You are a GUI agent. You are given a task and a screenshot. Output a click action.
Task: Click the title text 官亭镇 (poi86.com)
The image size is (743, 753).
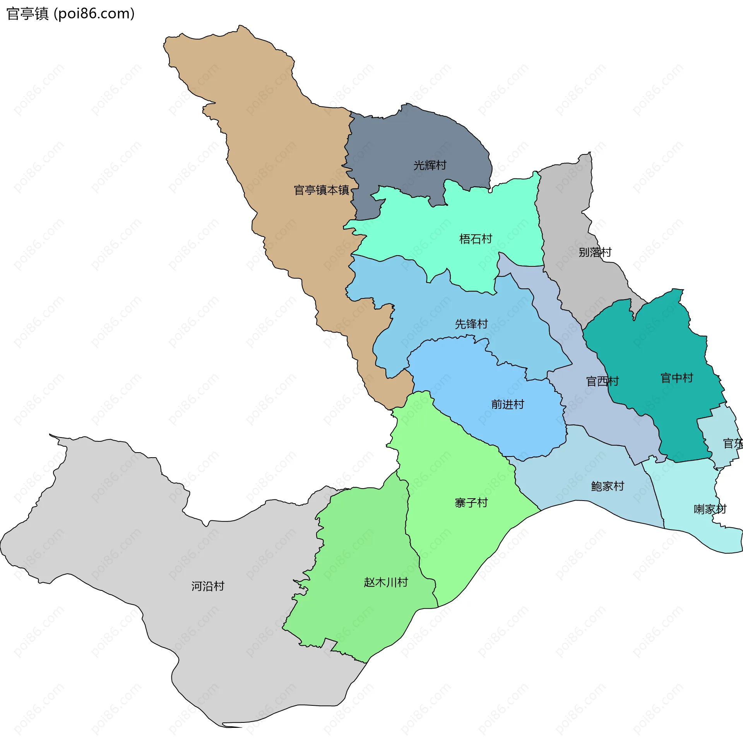pyautogui.click(x=70, y=14)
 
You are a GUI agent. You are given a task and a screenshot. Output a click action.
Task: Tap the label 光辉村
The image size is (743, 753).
pyautogui.click(x=430, y=165)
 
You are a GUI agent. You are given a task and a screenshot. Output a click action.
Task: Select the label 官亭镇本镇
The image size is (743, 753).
pyautogui.click(x=321, y=190)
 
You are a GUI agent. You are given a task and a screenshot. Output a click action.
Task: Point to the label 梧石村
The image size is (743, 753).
pyautogui.click(x=475, y=239)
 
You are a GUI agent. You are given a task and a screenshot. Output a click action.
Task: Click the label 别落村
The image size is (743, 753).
pyautogui.click(x=595, y=252)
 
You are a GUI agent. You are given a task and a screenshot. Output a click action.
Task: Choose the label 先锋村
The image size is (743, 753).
pyautogui.click(x=471, y=324)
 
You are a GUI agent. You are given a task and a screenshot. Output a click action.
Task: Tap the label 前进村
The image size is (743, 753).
pyautogui.click(x=507, y=405)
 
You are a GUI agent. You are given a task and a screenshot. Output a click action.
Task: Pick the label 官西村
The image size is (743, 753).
pyautogui.click(x=603, y=381)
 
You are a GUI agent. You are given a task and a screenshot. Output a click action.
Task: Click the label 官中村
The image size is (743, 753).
pyautogui.click(x=677, y=378)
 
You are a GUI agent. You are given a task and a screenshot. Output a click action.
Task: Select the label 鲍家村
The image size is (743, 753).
pyautogui.click(x=608, y=486)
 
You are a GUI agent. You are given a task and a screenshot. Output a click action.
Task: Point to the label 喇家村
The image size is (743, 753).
pyautogui.click(x=710, y=509)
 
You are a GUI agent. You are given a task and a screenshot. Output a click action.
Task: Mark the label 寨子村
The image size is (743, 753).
pyautogui.click(x=471, y=503)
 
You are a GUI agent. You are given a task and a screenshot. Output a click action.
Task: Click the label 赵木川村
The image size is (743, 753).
pyautogui.click(x=386, y=582)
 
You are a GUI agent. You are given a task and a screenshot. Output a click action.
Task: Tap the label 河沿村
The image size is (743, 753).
pyautogui.click(x=208, y=586)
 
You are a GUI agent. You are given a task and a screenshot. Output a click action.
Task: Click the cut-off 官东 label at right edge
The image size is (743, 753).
pyautogui.click(x=733, y=444)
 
